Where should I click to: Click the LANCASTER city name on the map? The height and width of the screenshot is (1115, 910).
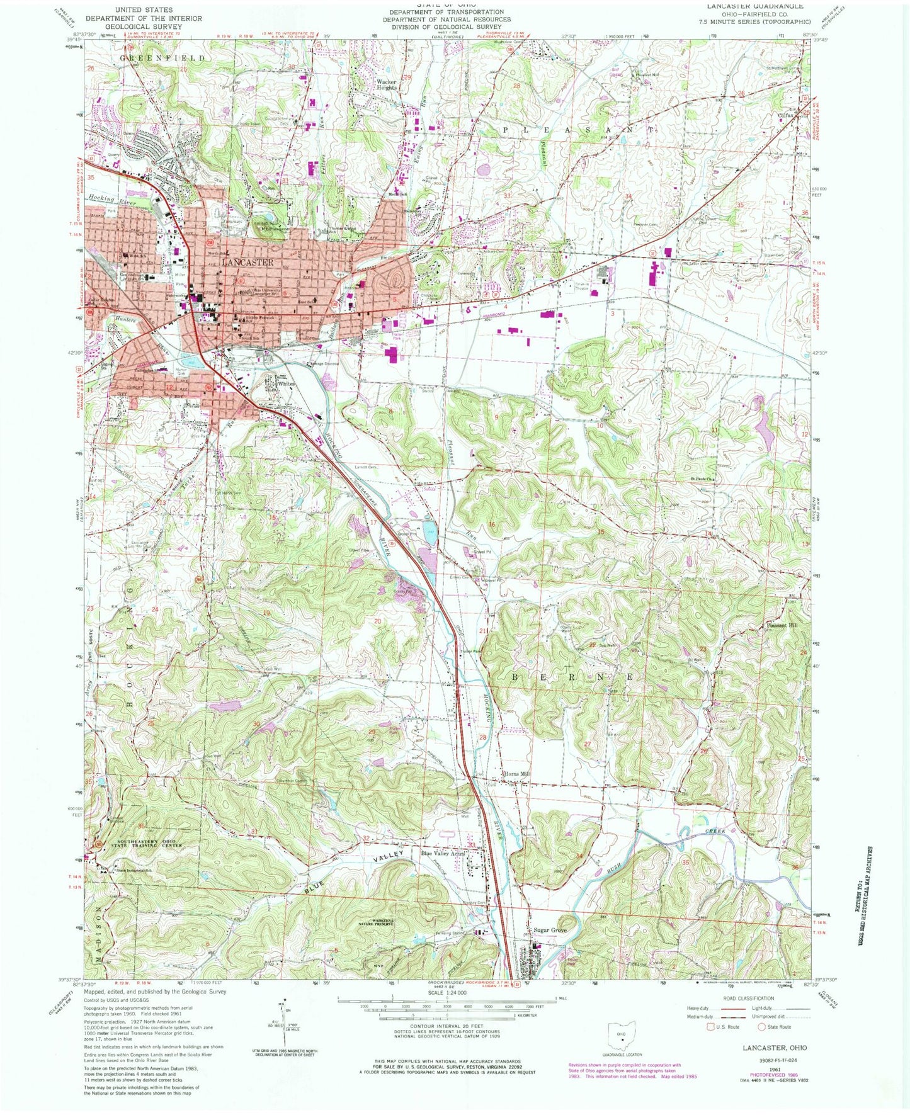[x=247, y=262]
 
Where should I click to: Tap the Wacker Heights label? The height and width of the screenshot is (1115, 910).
[x=387, y=84]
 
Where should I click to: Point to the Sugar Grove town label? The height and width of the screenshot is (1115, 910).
[x=550, y=930]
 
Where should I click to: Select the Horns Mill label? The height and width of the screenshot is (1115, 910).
[x=515, y=774]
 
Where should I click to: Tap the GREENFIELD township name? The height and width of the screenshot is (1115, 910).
[x=162, y=58]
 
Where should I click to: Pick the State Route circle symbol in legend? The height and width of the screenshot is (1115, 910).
[x=761, y=1027]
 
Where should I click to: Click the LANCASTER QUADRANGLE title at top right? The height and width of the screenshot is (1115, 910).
[x=746, y=6]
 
